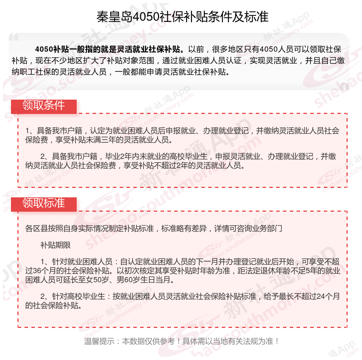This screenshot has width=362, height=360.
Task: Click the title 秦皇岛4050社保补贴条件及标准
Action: tap(183, 17)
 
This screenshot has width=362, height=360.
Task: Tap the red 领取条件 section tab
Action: tap(43, 105)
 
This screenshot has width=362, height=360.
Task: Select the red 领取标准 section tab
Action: tap(43, 203)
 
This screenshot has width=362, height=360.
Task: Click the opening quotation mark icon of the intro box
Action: tap(14, 38)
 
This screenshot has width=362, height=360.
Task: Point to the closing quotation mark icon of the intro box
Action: tap(344, 86)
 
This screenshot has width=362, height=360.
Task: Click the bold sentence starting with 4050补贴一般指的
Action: tap(110, 49)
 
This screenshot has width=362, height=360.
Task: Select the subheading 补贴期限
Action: tap(56, 245)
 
